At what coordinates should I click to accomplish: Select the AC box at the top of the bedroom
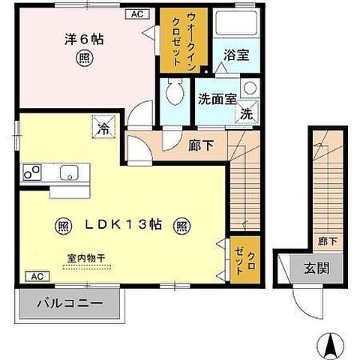coord(137,13)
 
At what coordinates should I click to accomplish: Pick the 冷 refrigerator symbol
coord(103,127)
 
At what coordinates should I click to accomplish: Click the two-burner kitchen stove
coord(32,172)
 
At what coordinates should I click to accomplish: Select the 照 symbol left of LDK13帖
coord(64,224)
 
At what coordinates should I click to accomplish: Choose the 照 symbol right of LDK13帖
coord(182,224)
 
